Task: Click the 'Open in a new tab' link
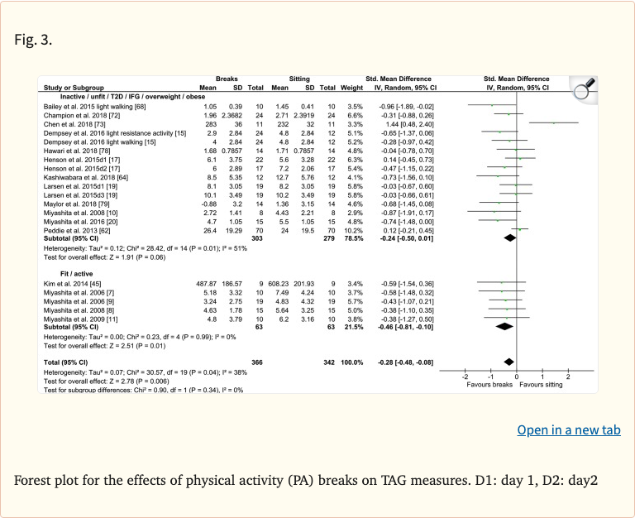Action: [x=568, y=429]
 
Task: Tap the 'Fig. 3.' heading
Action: [x=34, y=40]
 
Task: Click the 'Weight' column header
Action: [x=352, y=88]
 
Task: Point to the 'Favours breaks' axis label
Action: [x=490, y=386]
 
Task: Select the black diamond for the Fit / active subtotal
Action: [x=504, y=327]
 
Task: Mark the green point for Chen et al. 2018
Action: [x=553, y=123]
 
